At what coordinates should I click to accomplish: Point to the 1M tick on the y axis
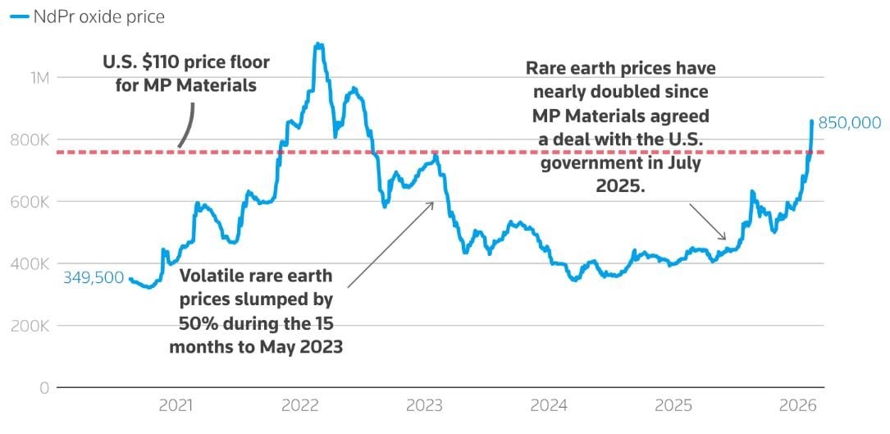(x=38, y=78)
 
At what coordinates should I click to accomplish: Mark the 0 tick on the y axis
(x=45, y=387)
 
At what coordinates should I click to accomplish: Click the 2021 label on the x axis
(x=176, y=405)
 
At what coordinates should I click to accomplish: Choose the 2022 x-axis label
(x=299, y=405)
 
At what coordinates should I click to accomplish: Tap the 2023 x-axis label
(x=425, y=405)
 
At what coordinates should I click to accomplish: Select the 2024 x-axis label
(x=549, y=405)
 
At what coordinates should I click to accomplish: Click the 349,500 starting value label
(x=94, y=278)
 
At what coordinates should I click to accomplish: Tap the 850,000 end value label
(x=850, y=123)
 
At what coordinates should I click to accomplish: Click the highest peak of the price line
(x=319, y=44)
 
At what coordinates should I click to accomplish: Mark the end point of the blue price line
(x=812, y=121)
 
